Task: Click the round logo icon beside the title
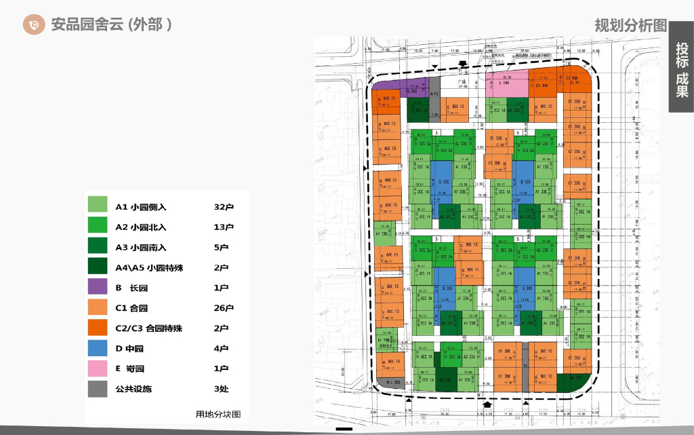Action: tap(33, 24)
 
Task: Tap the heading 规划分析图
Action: tap(630, 26)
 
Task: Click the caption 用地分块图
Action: tap(218, 414)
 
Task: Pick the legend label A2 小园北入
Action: tap(141, 227)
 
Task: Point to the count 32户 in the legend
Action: tap(224, 207)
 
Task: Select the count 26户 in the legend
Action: tap(224, 308)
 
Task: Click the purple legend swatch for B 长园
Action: tap(98, 288)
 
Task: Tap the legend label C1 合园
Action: tap(131, 308)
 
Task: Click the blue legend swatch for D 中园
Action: tap(98, 349)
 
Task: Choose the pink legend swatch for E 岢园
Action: tap(98, 368)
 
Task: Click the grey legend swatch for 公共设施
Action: tap(98, 389)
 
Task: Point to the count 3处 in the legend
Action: tap(222, 389)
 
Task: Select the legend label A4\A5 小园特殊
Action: tap(149, 268)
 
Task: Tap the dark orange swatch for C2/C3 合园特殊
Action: tap(98, 328)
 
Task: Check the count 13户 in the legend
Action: tap(224, 227)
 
